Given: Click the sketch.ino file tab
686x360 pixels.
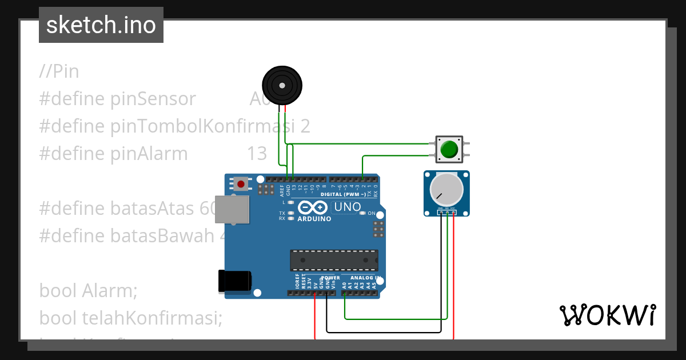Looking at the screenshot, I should point(101,25).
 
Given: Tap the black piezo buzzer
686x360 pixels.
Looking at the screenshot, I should point(282,85).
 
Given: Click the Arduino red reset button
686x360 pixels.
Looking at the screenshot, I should point(241,184).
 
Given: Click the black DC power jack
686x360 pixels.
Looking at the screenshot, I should point(234,281).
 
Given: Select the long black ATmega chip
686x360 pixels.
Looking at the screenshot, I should point(334,260).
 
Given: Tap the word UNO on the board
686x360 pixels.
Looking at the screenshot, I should point(347,207).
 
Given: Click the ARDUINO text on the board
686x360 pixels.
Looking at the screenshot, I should point(314,219).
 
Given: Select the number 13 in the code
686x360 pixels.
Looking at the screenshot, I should point(257,154).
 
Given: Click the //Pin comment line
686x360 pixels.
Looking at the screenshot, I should point(59,71).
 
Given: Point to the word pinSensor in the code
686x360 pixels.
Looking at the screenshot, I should point(153,99).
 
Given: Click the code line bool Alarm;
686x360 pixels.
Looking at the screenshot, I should point(89,290).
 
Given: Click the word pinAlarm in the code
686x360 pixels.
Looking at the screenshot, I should point(149,154).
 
